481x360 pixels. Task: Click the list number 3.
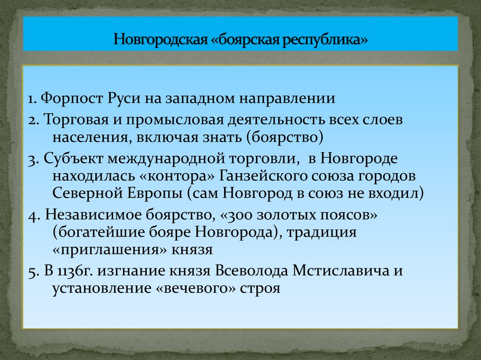(x=31, y=159)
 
